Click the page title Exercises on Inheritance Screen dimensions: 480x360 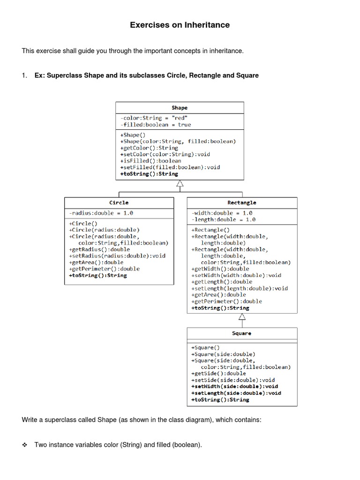180,25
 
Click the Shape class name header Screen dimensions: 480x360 180,108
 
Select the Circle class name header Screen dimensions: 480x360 119,202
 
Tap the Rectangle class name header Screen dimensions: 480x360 242,202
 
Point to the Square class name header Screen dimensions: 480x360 242,333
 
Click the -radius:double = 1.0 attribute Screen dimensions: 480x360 101,213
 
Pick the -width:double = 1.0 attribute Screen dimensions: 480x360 222,213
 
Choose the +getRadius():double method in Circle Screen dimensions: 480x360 99,249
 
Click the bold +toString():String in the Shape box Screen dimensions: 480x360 149,173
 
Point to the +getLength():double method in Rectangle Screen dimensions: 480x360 222,282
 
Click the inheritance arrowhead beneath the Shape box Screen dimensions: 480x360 180,184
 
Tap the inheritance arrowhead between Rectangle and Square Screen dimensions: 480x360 242,317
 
